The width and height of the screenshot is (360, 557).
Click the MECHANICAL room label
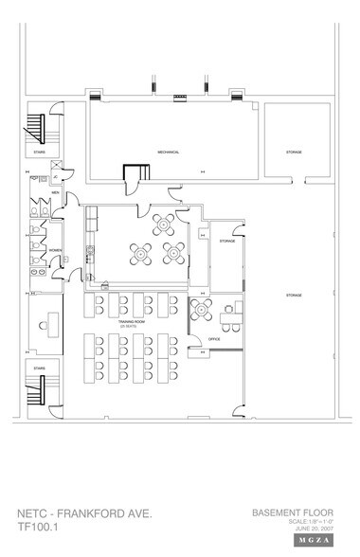tap(169, 152)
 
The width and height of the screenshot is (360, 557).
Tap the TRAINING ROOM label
tap(131, 323)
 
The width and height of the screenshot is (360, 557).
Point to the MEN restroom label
tap(56, 192)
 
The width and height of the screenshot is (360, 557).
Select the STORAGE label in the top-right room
tap(295, 152)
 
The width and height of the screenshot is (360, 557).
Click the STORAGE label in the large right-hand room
tap(295, 296)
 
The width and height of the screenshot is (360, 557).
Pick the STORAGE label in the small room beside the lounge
tap(226, 242)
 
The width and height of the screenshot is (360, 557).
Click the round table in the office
tap(200, 309)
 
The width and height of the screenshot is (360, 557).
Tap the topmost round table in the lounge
tap(163, 225)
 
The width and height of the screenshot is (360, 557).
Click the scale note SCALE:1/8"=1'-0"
tap(305, 521)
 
